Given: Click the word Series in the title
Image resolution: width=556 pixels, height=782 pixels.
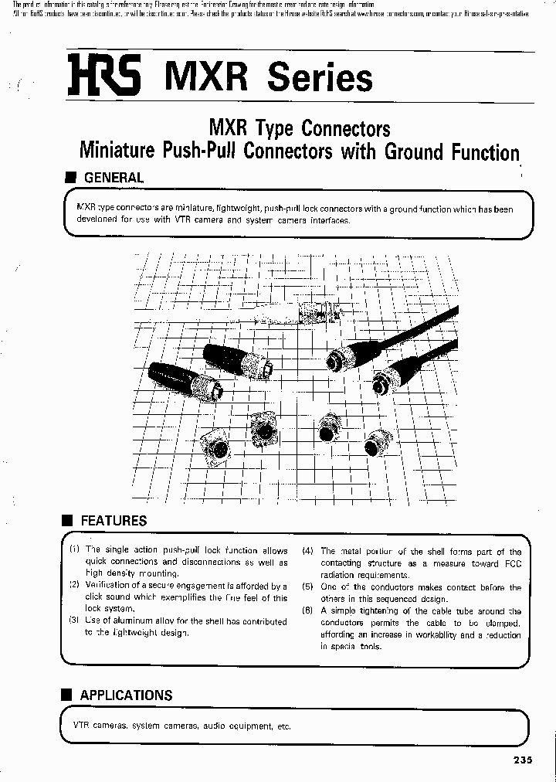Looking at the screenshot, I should pyautogui.click(x=319, y=78).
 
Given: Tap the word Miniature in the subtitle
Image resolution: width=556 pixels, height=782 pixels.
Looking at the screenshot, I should pyautogui.click(x=117, y=151).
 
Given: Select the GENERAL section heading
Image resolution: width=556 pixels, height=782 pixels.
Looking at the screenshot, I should pyautogui.click(x=113, y=178).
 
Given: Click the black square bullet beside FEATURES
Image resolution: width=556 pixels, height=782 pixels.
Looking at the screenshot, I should pyautogui.click(x=68, y=520).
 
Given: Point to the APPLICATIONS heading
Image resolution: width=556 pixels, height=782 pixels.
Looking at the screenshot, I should pyautogui.click(x=126, y=695).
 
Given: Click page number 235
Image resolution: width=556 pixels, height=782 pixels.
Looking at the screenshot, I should pyautogui.click(x=522, y=760).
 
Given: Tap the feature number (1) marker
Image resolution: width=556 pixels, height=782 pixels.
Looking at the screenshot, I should pyautogui.click(x=74, y=550).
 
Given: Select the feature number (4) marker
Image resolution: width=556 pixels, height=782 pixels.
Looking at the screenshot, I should pyautogui.click(x=307, y=551).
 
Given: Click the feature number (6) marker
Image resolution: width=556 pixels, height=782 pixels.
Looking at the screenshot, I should pyautogui.click(x=307, y=610).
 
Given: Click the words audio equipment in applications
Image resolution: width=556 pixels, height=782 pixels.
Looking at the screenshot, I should pyautogui.click(x=239, y=726).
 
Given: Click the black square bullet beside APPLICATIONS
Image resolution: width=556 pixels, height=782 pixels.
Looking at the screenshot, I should pyautogui.click(x=68, y=695).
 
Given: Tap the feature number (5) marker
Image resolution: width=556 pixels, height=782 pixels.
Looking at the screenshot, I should pyautogui.click(x=307, y=586).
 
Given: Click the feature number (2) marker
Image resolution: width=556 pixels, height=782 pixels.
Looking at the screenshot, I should pyautogui.click(x=74, y=586).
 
